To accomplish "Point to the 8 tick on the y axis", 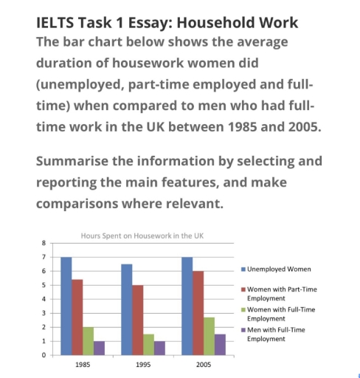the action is click(44, 242).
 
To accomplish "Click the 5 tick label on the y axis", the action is click(44, 285).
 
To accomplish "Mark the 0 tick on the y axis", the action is click(44, 355).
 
